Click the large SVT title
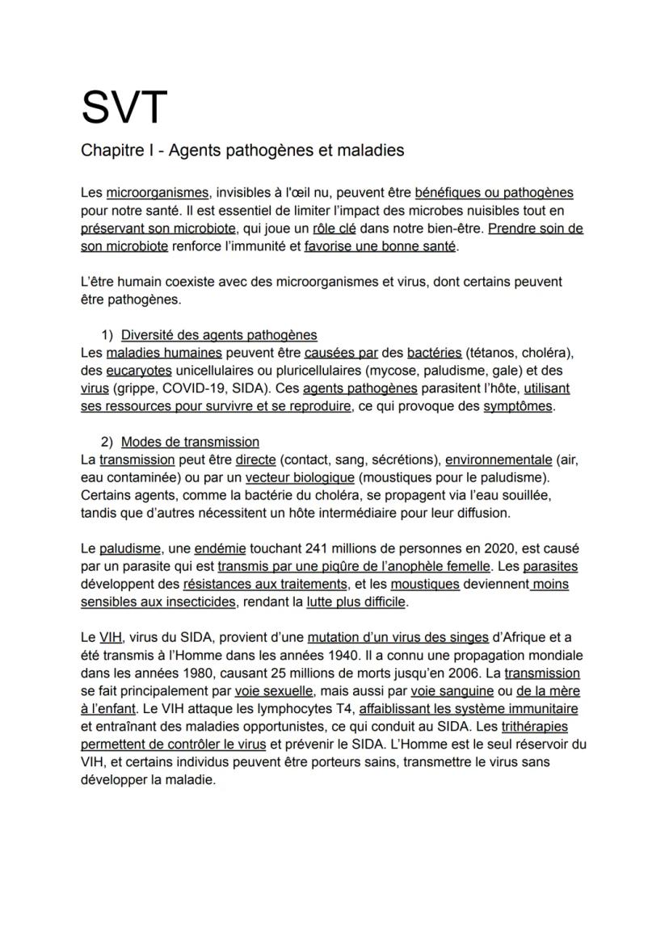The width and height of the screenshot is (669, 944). coord(124,107)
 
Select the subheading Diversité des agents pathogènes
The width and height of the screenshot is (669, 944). coord(219,334)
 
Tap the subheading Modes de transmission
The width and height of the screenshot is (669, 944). coord(190,442)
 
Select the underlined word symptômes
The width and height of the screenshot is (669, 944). coord(518,406)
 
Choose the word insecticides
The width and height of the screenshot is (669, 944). coord(195,602)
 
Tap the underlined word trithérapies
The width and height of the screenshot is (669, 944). coord(534,727)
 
